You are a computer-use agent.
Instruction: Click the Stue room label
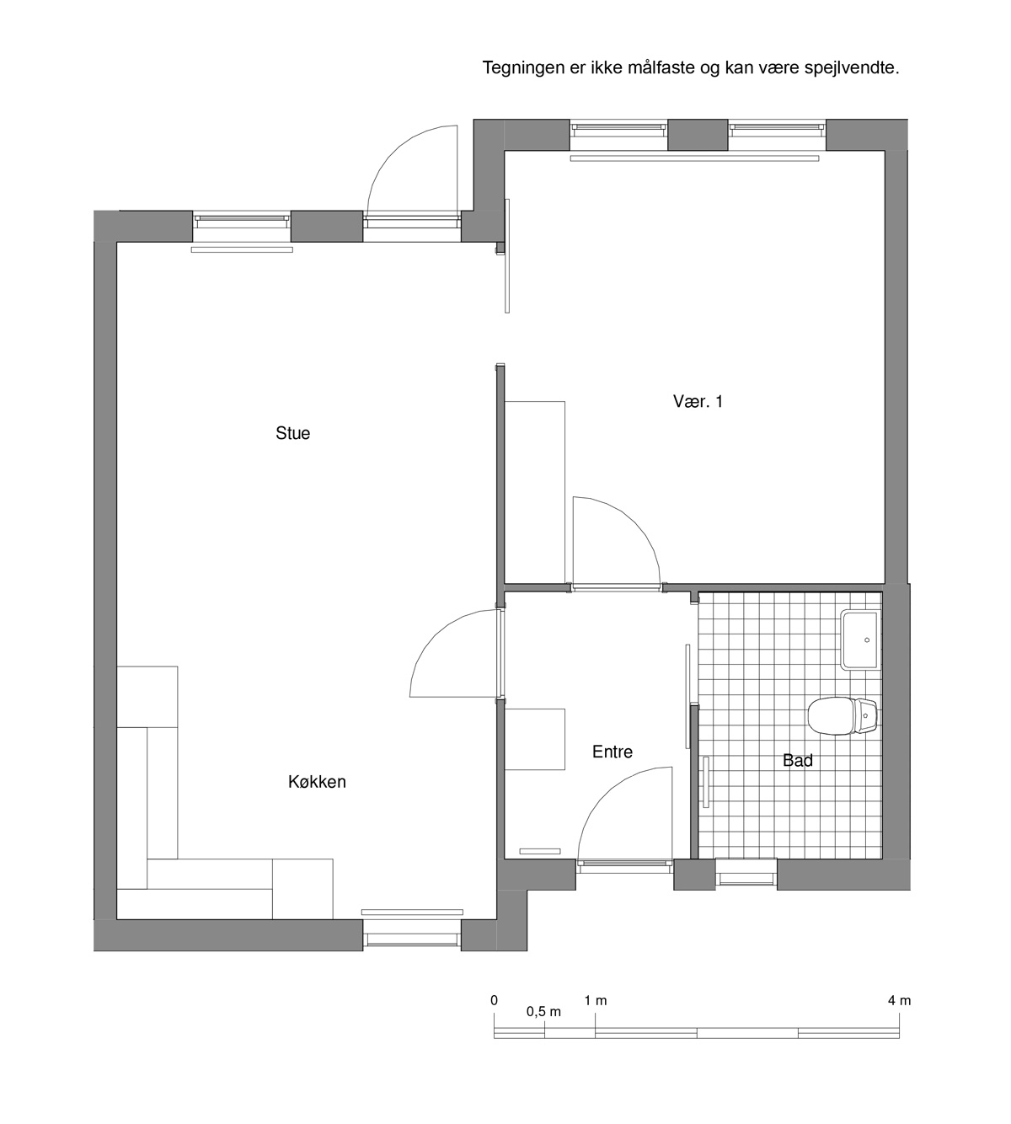pyautogui.click(x=292, y=433)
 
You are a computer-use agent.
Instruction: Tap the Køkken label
pyautogui.click(x=317, y=782)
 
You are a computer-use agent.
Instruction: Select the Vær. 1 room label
pyautogui.click(x=698, y=401)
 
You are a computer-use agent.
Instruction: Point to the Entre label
pyautogui.click(x=612, y=752)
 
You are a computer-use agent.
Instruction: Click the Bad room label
pyautogui.click(x=798, y=760)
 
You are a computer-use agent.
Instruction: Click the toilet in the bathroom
pyautogui.click(x=842, y=715)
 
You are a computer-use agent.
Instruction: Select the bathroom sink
pyautogui.click(x=861, y=640)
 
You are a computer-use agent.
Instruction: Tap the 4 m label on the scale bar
pyautogui.click(x=900, y=1000)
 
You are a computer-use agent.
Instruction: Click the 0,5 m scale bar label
pyautogui.click(x=543, y=1012)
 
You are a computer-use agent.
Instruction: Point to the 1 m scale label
pyautogui.click(x=595, y=1000)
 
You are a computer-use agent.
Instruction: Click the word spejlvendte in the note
pyautogui.click(x=851, y=68)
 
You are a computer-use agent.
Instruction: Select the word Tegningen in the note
pyautogui.click(x=523, y=69)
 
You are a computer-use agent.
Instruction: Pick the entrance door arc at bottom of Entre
pyautogui.click(x=604, y=795)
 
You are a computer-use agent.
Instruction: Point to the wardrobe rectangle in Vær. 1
pyautogui.click(x=535, y=493)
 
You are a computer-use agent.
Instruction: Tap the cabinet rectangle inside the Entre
pyautogui.click(x=535, y=739)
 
